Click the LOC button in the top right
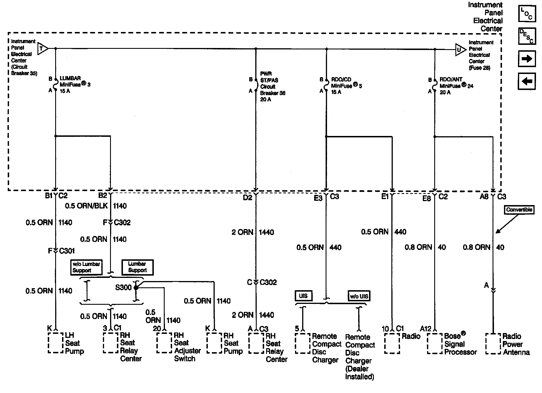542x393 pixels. tap(527, 14)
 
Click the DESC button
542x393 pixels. tap(527, 36)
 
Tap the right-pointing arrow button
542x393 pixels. tap(527, 59)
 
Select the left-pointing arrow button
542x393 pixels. tap(527, 81)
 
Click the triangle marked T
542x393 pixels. tap(42, 49)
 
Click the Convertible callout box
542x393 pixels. tap(519, 210)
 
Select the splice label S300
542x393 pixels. tap(123, 287)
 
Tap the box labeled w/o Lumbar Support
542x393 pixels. tap(86, 267)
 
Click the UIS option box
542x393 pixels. tap(303, 296)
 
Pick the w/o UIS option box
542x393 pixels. tap(359, 296)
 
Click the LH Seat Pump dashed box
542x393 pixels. tap(55, 343)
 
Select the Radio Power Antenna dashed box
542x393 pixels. tap(493, 344)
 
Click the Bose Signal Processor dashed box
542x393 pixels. tap(435, 344)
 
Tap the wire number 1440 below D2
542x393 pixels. tap(266, 232)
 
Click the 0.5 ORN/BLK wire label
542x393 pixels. tap(86, 206)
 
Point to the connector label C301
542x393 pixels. tap(67, 251)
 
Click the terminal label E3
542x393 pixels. tap(318, 198)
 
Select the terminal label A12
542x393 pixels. tap(425, 329)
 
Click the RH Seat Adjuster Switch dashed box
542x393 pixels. tap(164, 343)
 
